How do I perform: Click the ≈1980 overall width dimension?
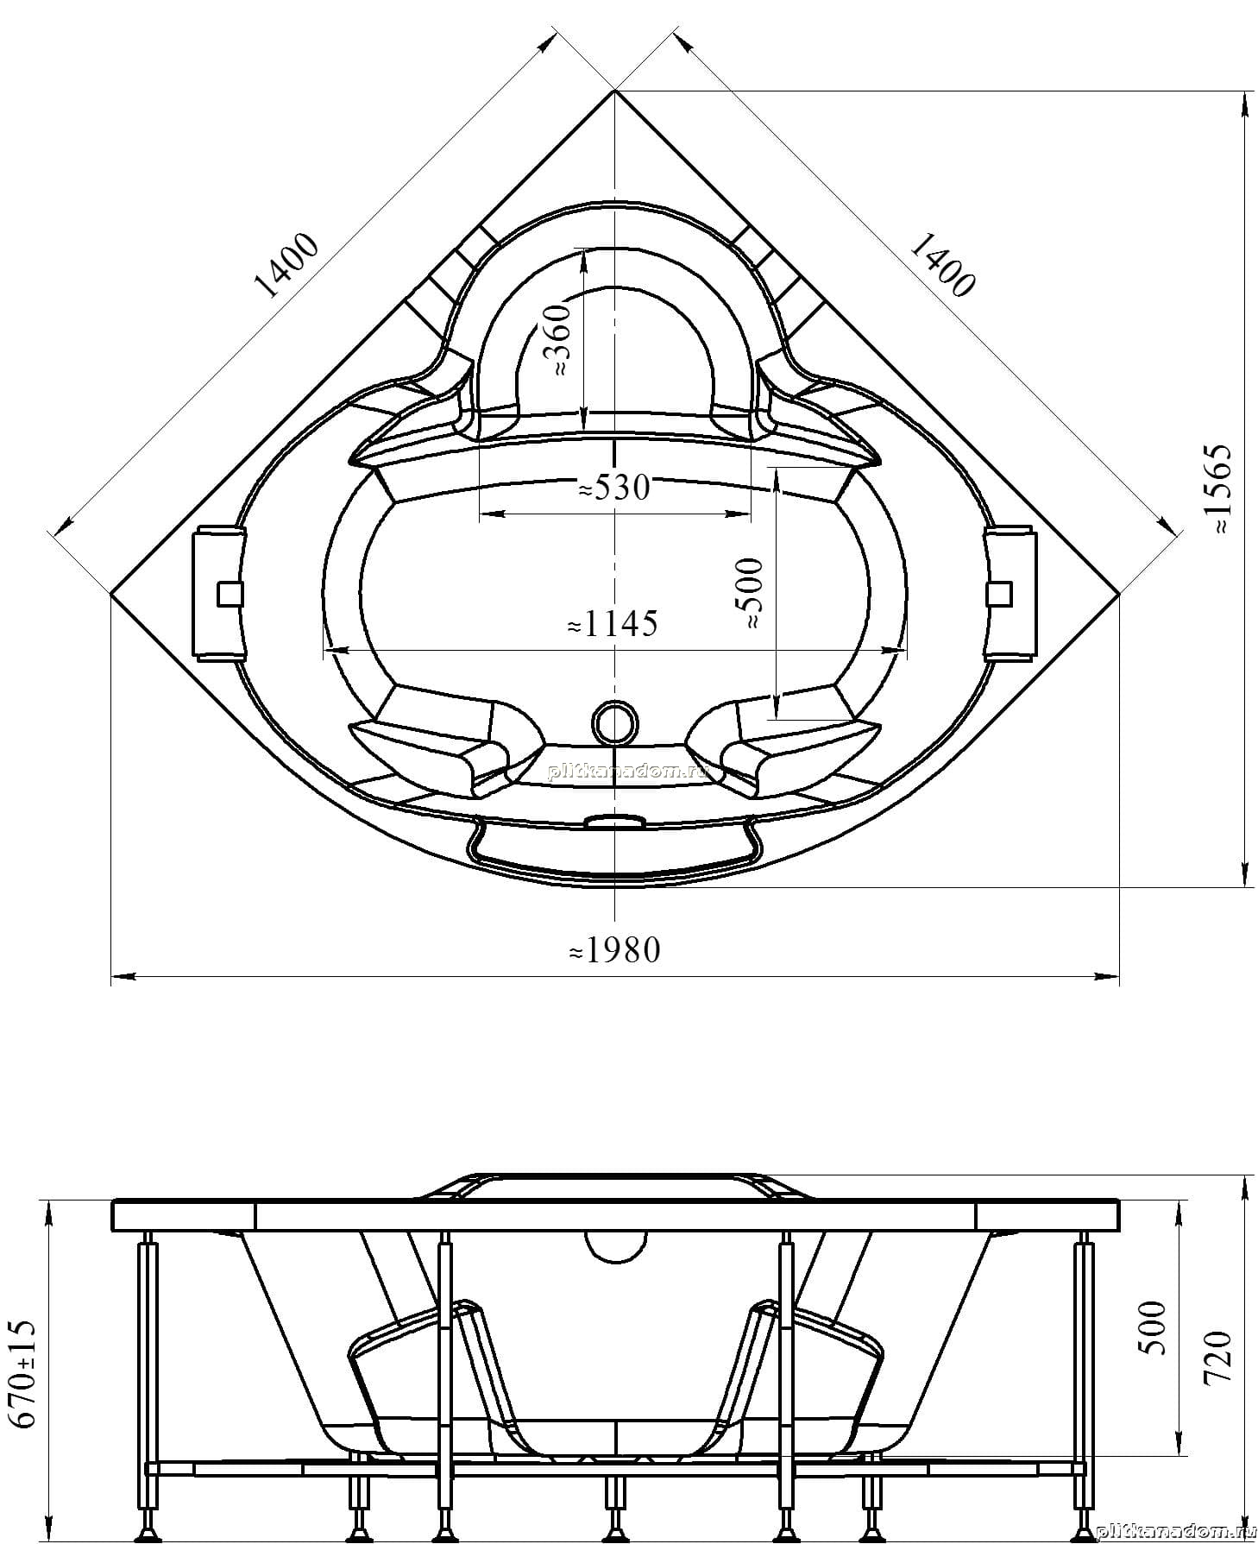tap(614, 950)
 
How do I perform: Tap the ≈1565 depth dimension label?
tap(1223, 489)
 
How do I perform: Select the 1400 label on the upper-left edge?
tap(287, 266)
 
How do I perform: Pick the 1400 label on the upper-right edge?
tap(941, 264)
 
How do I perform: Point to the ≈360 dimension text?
tap(559, 338)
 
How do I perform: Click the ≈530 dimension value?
tap(613, 488)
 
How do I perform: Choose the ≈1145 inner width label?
tap(612, 623)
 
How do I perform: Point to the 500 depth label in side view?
tap(1154, 1327)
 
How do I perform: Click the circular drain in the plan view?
tap(614, 722)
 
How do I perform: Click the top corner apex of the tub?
tap(614, 90)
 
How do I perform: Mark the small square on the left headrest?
tap(230, 594)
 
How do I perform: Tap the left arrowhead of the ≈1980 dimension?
tap(123, 978)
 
